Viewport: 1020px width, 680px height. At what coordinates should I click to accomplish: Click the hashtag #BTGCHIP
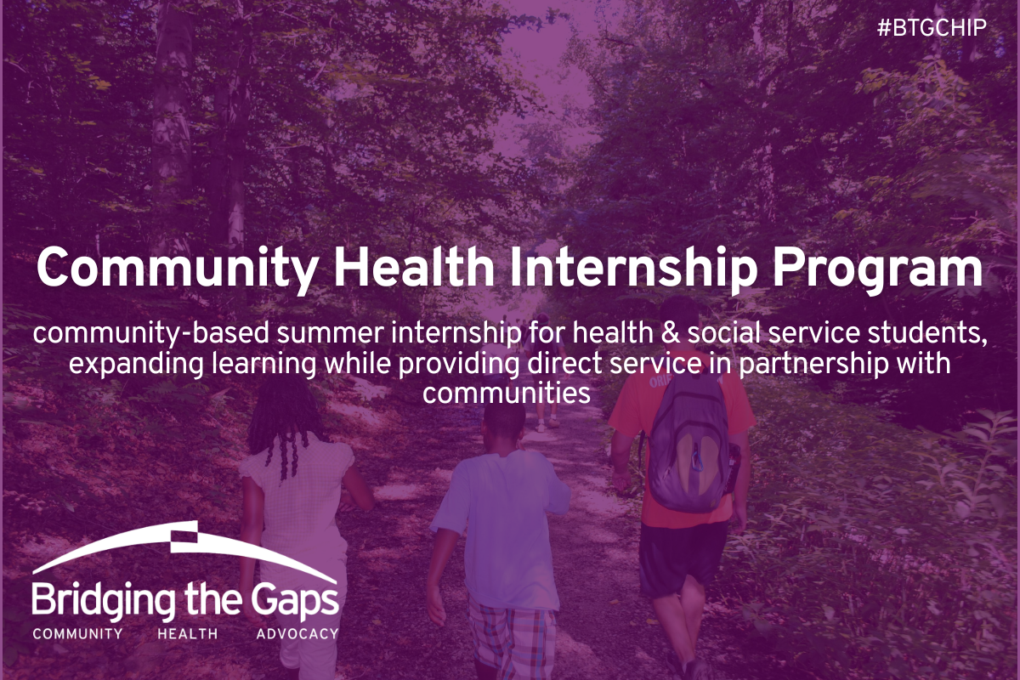coord(932,28)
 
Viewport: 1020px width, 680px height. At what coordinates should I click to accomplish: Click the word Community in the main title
coord(177,269)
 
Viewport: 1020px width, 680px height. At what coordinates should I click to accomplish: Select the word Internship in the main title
coord(633,269)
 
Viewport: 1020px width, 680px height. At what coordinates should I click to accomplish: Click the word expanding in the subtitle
coord(136,365)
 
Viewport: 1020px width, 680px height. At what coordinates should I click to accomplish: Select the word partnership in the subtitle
coord(813,365)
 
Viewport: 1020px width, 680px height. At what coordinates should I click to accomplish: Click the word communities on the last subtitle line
coord(507,394)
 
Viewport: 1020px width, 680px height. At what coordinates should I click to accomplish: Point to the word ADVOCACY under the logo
coord(297,633)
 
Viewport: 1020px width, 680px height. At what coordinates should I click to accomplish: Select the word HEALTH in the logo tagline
coord(188,633)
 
